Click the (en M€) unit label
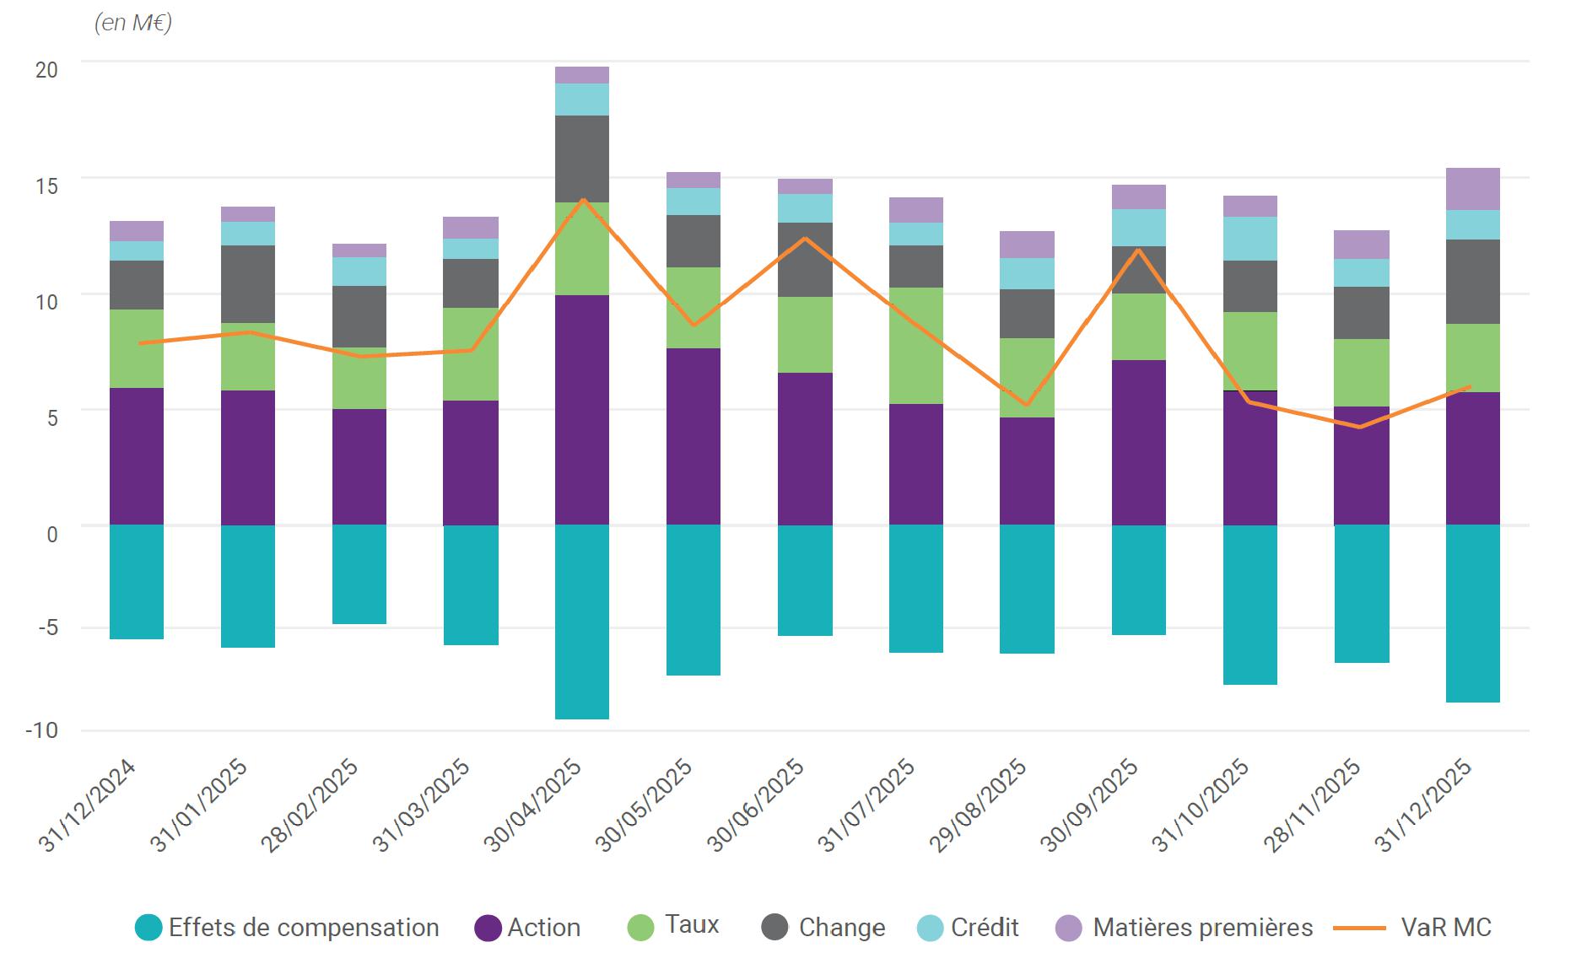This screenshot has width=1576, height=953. (x=133, y=23)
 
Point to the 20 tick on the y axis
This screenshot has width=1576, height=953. (x=46, y=70)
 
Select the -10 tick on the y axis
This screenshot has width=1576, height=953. (x=41, y=730)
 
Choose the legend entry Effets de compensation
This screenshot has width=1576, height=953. (x=287, y=928)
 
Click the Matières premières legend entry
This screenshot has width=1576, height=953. (x=1185, y=928)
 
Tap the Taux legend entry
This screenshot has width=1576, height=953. (x=674, y=925)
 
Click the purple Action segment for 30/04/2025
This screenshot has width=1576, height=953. (x=582, y=410)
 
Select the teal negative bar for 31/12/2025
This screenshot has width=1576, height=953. (x=1472, y=613)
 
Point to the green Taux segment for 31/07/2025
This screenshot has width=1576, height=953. (x=915, y=346)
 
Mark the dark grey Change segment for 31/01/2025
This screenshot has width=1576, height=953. (x=248, y=284)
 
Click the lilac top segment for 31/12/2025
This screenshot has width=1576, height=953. (x=1472, y=189)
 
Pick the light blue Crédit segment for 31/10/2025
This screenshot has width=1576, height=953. (x=1249, y=239)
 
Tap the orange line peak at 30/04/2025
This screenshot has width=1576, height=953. (x=582, y=200)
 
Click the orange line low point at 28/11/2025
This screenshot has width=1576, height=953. (x=1360, y=427)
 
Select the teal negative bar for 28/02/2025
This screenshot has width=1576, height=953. (x=359, y=574)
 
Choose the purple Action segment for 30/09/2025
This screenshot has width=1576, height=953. (x=1138, y=443)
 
